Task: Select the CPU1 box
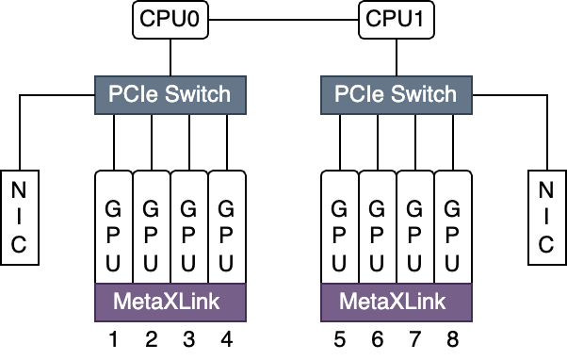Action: click(397, 20)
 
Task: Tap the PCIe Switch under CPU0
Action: click(170, 94)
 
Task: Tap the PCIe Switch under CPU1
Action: click(397, 94)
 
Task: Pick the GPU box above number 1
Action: click(114, 226)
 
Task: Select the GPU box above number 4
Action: click(227, 226)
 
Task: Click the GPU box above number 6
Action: click(378, 226)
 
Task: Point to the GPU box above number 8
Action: click(453, 226)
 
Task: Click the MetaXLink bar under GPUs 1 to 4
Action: click(170, 302)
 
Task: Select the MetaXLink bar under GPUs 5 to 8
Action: click(397, 302)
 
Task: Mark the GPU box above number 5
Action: click(340, 226)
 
